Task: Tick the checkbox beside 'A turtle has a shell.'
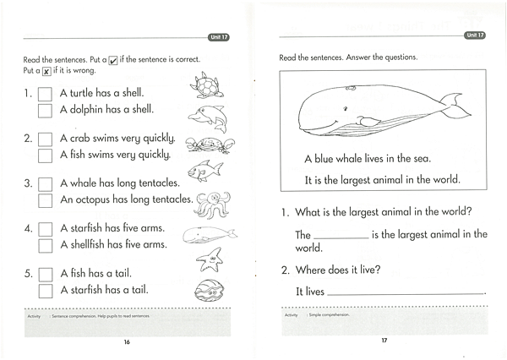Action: pos(46,93)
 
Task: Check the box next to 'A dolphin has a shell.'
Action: pos(46,110)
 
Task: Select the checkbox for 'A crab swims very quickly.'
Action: pos(46,139)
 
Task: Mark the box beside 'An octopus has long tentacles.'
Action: pos(46,201)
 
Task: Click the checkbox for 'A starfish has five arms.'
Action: pos(46,230)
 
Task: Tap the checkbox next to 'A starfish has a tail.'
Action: pos(46,291)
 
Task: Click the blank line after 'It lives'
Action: pos(406,293)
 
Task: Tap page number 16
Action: pos(126,342)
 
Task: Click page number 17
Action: pos(383,341)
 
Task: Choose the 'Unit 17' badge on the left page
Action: pos(219,37)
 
